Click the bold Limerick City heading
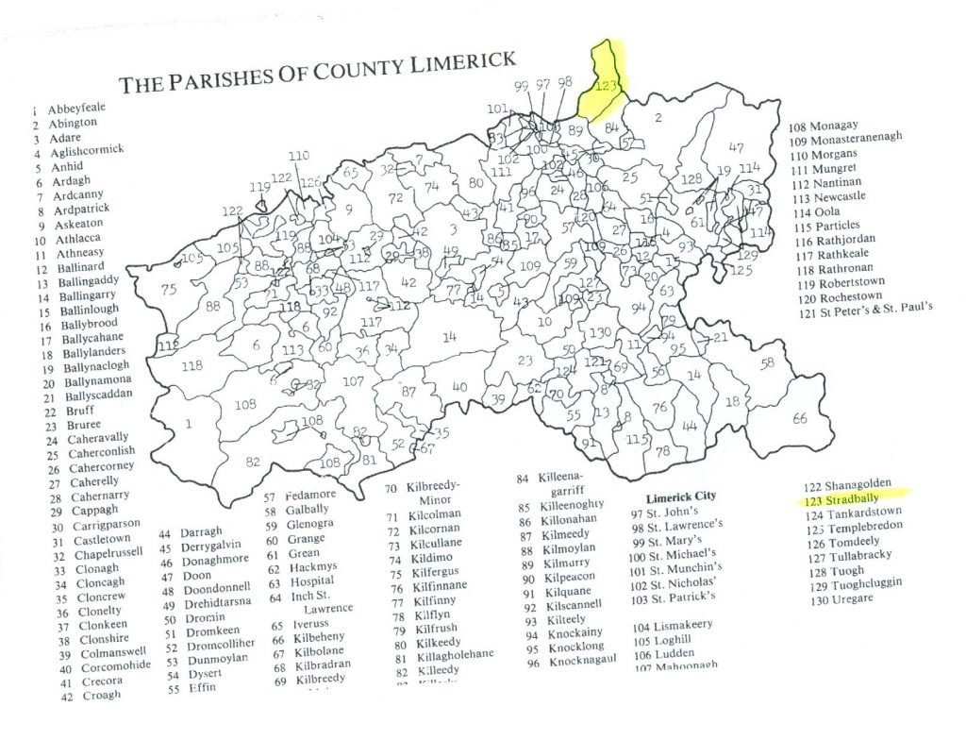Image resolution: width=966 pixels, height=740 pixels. pos(680,496)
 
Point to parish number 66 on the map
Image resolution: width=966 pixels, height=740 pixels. pos(799,418)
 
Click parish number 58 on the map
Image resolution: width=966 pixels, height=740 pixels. pos(768,363)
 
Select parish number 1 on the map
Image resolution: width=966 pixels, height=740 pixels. pos(189,424)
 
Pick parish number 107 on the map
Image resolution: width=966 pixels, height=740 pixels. pos(353,382)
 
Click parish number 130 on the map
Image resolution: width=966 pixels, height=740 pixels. pos(600,333)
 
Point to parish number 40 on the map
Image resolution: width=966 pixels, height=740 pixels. pos(459,387)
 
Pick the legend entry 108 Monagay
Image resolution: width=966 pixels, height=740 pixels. pos(830,125)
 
